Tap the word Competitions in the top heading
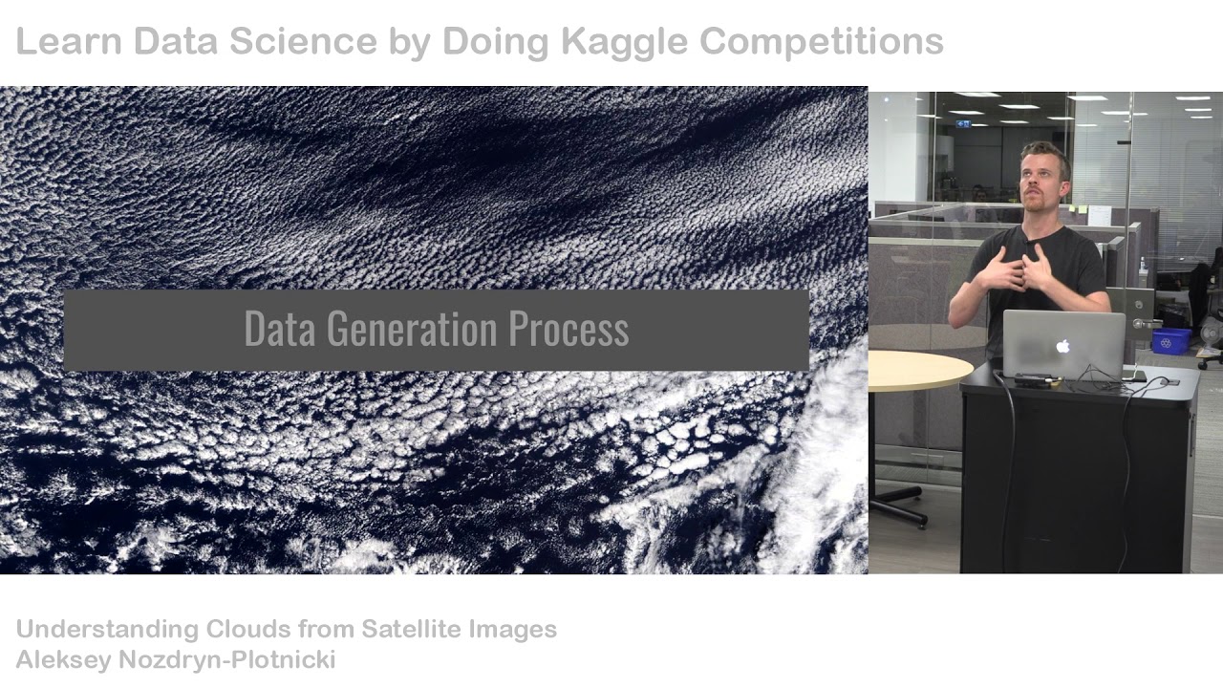click(822, 41)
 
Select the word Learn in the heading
click(69, 41)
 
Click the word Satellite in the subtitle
click(412, 629)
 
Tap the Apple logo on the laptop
click(1062, 346)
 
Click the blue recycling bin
click(1171, 340)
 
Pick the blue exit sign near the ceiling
click(969, 123)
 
